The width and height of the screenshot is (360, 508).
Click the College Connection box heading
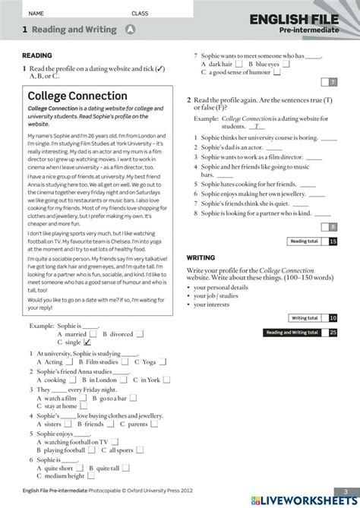[77, 96]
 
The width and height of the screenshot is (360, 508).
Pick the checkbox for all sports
[139, 451]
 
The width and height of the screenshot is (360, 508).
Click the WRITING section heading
[201, 258]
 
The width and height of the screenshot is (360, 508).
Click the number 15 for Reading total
[333, 241]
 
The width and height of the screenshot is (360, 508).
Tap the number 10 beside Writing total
[333, 318]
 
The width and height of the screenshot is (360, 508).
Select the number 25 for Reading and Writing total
[333, 332]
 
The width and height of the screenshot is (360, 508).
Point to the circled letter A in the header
[129, 30]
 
